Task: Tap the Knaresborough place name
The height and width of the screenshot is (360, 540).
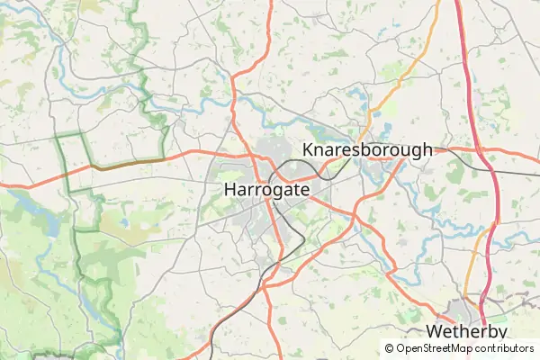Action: [367, 150]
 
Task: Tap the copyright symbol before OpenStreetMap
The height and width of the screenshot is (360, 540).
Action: [389, 348]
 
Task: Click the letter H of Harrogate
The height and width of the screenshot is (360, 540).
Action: [229, 190]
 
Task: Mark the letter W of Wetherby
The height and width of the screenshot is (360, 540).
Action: [436, 332]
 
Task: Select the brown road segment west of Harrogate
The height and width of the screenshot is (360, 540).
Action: [126, 164]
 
